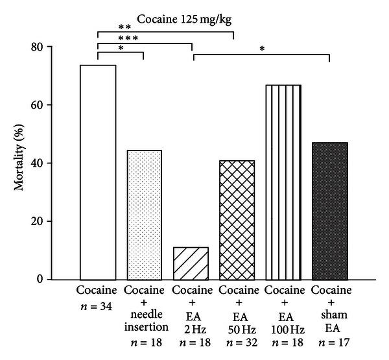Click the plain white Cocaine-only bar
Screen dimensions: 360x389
[98, 172]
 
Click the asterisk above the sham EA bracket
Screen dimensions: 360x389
[262, 49]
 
